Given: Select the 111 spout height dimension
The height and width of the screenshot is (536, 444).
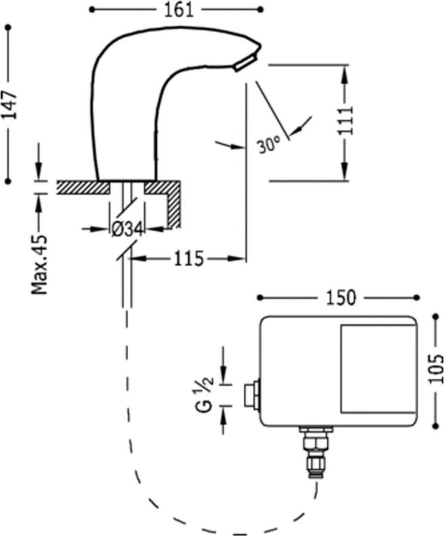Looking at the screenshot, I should (346, 120).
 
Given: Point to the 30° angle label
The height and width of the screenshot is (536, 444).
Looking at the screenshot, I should (269, 145).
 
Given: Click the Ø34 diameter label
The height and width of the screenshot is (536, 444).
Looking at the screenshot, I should (126, 228).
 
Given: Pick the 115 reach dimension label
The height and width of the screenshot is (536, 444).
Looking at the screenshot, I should (189, 258).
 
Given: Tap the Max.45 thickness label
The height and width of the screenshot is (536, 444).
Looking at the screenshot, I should (40, 263).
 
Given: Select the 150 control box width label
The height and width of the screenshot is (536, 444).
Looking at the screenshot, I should (341, 297).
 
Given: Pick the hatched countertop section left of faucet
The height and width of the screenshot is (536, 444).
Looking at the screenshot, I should (83, 187).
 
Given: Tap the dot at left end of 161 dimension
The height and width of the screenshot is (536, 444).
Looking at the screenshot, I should (91, 9).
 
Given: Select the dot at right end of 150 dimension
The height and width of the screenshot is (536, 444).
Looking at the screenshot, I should (417, 297).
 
